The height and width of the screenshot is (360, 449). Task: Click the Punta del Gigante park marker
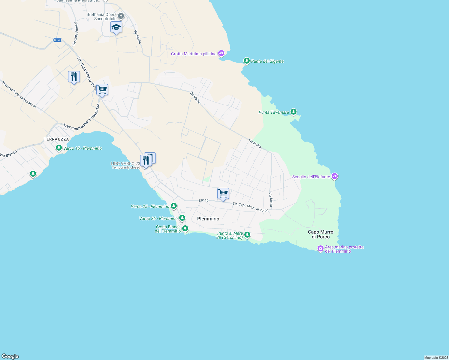coord(246,61)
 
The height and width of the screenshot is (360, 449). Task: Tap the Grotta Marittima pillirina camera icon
coord(221,53)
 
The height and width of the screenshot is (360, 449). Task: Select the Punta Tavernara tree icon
coord(294,112)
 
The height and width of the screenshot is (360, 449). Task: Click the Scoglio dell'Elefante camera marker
coord(335,176)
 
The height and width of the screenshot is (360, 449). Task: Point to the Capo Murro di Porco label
coord(321,234)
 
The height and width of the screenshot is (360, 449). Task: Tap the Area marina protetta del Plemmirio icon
coord(321,248)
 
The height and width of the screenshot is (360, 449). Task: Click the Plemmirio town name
coord(208,219)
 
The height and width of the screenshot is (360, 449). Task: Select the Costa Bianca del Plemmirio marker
coord(185,229)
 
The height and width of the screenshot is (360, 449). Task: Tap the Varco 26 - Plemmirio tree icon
coord(182,218)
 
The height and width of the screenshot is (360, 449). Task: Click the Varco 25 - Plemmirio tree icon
coord(174,206)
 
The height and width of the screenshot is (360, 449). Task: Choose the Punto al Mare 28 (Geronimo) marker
coord(247,235)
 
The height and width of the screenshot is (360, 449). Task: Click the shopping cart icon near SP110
coord(223,193)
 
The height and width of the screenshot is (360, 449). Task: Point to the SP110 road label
coord(203,200)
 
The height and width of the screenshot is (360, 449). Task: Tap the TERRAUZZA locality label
coord(56,139)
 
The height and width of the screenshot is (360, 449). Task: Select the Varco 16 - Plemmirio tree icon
coord(59,148)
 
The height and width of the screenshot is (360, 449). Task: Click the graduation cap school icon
coord(116,28)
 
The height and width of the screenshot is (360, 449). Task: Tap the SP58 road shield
coord(57,40)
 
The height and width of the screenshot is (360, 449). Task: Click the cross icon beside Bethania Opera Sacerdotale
coord(121,16)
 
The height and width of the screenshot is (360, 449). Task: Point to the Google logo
coord(10,356)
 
